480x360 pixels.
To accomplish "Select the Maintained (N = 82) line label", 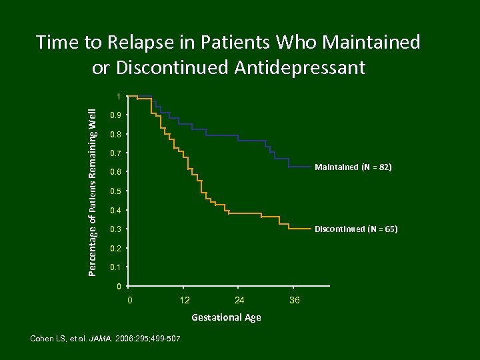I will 353,168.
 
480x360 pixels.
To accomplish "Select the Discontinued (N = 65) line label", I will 356,229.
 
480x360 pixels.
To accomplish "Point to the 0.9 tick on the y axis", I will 115,116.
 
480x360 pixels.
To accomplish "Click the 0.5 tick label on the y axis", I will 115,192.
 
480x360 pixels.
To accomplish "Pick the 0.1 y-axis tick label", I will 115,268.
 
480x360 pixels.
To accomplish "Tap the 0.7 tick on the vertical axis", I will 115,154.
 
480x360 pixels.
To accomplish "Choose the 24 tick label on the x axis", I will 239,301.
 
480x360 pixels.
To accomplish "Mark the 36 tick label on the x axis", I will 295,301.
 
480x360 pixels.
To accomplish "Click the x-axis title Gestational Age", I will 226,318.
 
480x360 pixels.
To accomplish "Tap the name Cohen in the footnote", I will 43,339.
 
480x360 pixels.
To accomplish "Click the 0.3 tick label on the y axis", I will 115,230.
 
